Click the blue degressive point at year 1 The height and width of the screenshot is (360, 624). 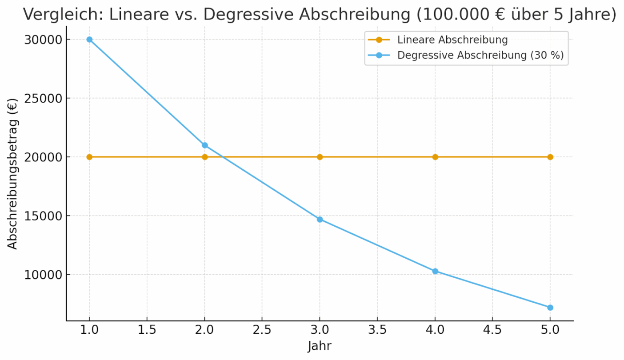89,40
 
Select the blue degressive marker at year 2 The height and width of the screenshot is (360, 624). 204,145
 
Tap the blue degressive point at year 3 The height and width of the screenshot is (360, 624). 320,219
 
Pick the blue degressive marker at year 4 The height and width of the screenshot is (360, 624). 435,271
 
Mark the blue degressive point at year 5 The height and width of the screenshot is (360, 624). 550,308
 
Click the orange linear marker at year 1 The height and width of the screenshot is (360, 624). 89,157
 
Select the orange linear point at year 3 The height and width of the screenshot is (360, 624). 320,157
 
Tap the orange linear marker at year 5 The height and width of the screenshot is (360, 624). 550,157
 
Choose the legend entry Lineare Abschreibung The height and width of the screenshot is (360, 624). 452,40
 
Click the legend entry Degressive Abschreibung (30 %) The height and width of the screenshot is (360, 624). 480,56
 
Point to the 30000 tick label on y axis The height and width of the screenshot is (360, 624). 41,40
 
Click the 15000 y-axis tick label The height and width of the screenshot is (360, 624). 41,216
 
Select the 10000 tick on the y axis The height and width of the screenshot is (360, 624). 41,275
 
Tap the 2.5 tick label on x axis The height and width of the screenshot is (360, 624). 262,330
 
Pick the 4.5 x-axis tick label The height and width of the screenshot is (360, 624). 492,330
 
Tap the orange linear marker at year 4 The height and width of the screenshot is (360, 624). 435,157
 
